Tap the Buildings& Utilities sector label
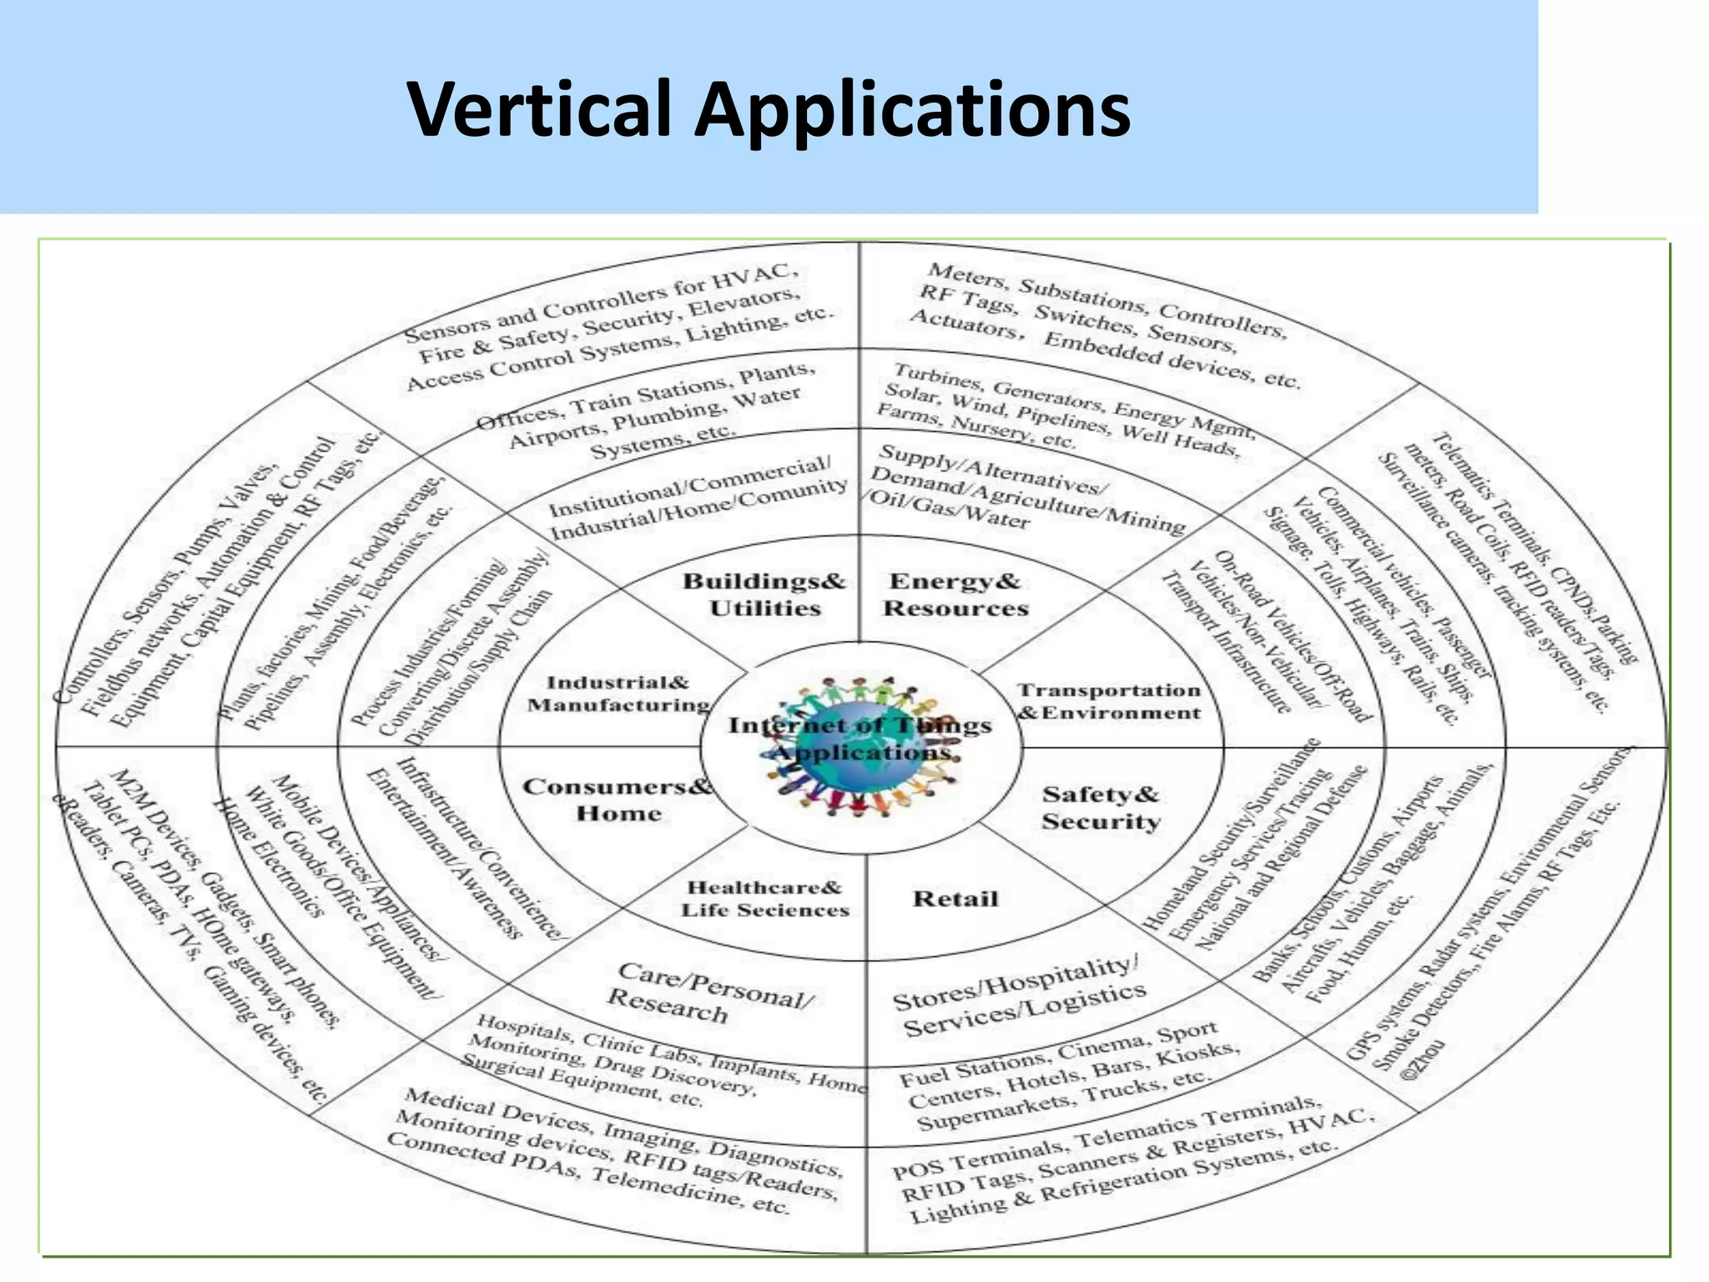pos(764,594)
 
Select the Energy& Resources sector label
pos(955,594)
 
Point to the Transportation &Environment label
pos(1109,701)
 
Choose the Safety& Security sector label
pos(1101,807)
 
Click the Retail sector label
pos(955,899)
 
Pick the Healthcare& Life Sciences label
pos(764,898)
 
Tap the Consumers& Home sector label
pos(618,800)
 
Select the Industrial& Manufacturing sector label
pos(618,694)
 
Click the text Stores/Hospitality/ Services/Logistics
pos(1018,997)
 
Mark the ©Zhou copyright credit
pos(1422,1058)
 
